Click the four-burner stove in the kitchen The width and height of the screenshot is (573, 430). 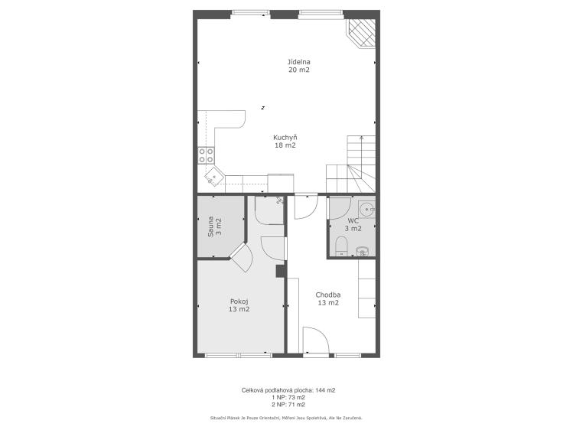coord(206,155)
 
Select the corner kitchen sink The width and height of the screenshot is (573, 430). coord(214,176)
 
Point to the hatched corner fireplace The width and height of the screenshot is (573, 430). coord(361,33)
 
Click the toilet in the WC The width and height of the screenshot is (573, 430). coord(341,246)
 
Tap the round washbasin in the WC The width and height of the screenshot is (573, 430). coord(366,210)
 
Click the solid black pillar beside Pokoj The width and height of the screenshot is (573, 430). coord(280,272)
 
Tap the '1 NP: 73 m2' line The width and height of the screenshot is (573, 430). coord(288,398)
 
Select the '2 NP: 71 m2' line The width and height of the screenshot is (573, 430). coord(288,405)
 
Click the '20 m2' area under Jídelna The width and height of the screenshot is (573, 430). coord(299,70)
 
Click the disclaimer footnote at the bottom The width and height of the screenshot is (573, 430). coord(286,418)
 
